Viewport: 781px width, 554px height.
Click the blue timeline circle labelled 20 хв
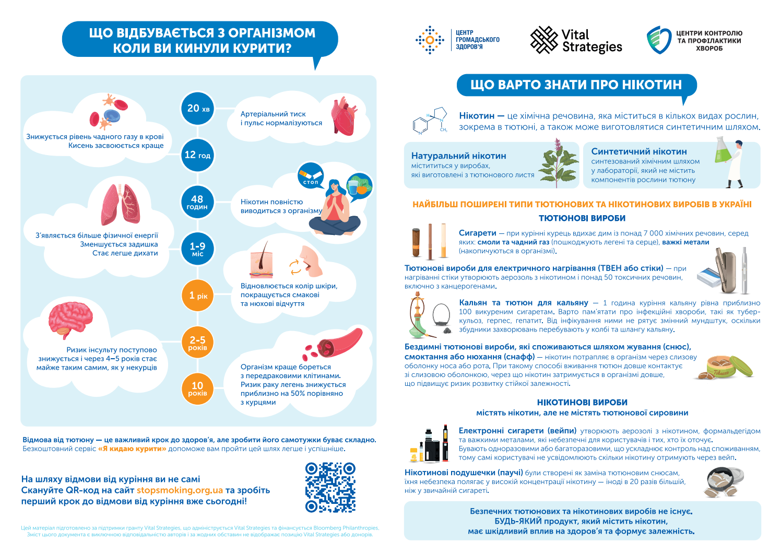[x=198, y=109]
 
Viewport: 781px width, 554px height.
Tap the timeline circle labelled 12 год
[x=197, y=155]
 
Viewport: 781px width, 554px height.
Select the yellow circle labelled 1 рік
[x=198, y=296]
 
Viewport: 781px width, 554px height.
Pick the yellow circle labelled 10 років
[x=197, y=388]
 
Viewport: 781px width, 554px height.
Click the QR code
[x=330, y=487]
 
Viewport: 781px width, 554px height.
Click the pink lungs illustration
[x=121, y=204]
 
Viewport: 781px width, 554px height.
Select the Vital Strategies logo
[x=576, y=40]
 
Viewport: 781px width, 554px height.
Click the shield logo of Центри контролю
[x=658, y=40]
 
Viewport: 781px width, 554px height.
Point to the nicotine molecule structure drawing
[x=431, y=121]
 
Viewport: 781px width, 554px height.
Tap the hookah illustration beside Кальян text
[x=418, y=316]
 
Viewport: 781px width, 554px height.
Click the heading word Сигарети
[x=477, y=233]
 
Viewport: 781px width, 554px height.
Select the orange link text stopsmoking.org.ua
[x=180, y=490]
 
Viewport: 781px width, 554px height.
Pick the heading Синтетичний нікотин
[x=638, y=151]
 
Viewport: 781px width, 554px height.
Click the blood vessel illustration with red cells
[x=337, y=343]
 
